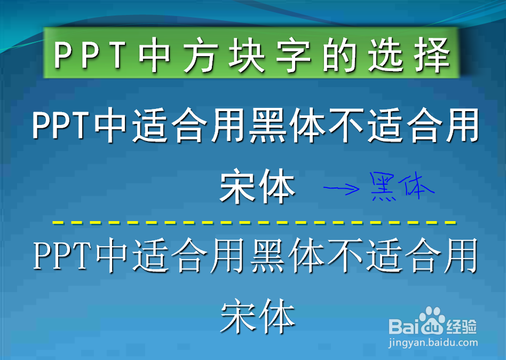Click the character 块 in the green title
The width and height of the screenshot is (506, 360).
(246, 54)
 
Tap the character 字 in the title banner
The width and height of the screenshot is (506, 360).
(292, 54)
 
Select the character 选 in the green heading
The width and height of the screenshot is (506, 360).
(386, 54)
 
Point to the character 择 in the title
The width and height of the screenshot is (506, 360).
(433, 54)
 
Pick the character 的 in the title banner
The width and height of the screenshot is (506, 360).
(339, 54)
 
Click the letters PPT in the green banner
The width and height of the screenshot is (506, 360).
(90, 54)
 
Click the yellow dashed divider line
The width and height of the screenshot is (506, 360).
(254, 222)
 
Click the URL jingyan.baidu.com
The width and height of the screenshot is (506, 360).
(433, 342)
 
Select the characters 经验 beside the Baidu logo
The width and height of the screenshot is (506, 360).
(462, 327)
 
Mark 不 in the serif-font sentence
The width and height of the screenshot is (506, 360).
(346, 255)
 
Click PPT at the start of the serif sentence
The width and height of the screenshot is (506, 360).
(61, 255)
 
